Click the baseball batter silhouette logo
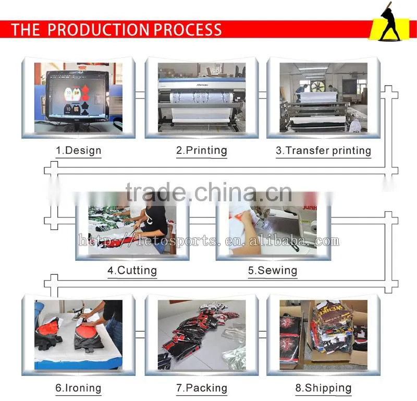click(390, 22)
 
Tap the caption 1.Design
click(79, 151)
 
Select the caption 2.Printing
click(202, 151)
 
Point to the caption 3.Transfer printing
click(323, 151)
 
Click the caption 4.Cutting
click(132, 270)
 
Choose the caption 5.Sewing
click(273, 270)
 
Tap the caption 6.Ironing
click(79, 388)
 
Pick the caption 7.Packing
click(202, 388)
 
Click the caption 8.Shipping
click(323, 388)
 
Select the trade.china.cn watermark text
click(209, 192)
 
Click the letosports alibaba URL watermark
click(209, 241)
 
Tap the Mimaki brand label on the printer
click(202, 85)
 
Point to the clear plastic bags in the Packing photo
click(234, 346)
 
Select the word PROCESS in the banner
click(188, 30)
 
